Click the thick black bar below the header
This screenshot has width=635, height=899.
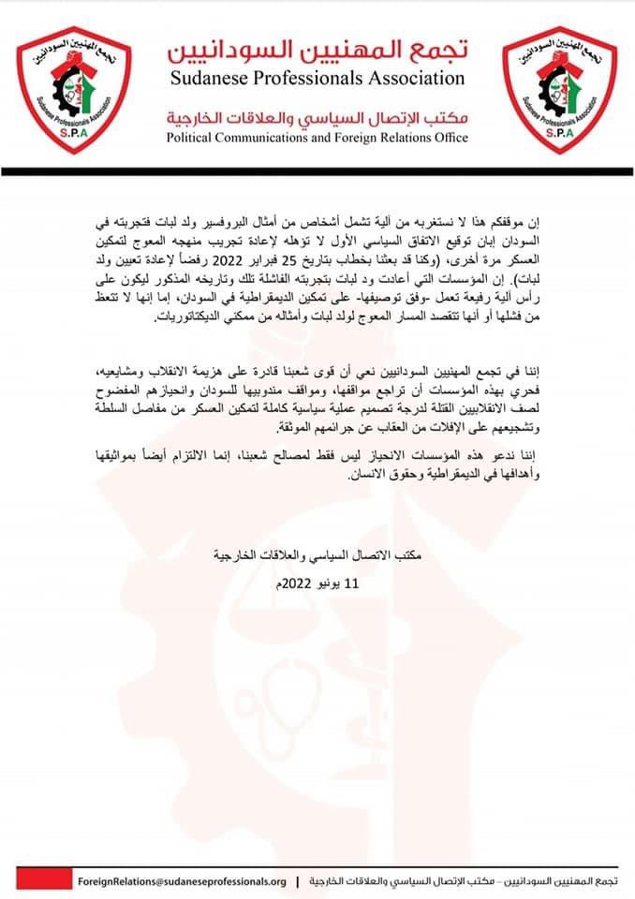click(317, 171)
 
